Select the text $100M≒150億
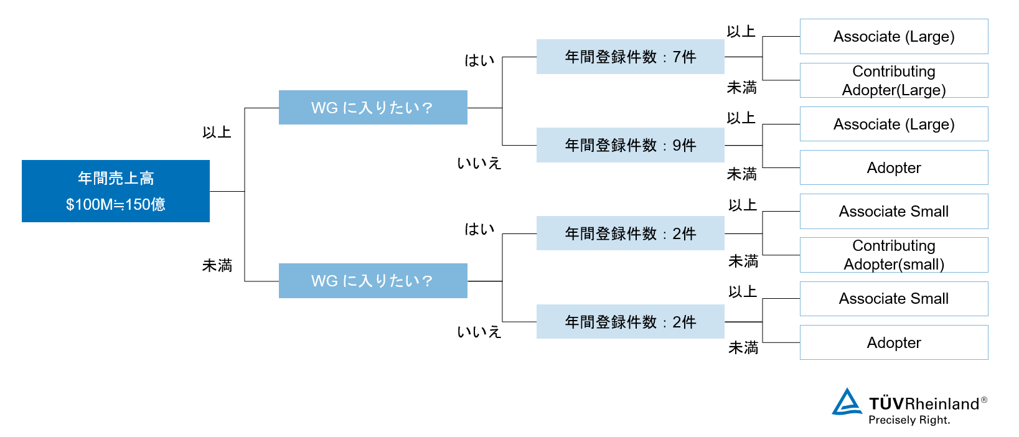(116, 204)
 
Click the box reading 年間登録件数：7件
(630, 57)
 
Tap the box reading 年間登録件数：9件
(630, 145)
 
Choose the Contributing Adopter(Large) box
(893, 80)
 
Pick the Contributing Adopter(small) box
(893, 255)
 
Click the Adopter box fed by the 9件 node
(893, 167)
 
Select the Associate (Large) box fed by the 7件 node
(893, 37)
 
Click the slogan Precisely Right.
(909, 420)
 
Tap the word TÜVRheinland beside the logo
(924, 404)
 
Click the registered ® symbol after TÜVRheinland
(984, 400)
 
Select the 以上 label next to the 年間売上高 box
(217, 133)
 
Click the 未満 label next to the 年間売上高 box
(217, 266)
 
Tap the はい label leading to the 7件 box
(479, 60)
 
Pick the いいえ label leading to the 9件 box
(479, 163)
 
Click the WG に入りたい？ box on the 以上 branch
(373, 108)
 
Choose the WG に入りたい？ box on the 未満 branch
(373, 281)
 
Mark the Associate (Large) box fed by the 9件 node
(893, 124)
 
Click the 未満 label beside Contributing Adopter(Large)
(742, 88)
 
